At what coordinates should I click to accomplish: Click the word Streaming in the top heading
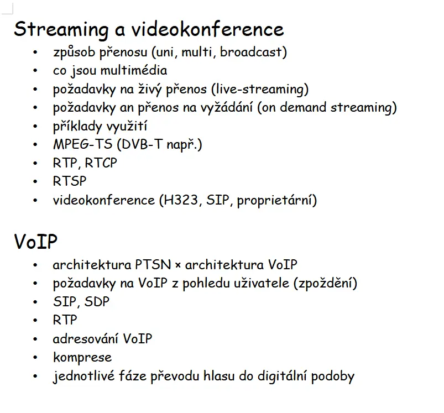click(x=61, y=30)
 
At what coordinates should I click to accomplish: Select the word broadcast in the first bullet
click(x=251, y=52)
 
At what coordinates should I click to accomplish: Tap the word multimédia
click(x=134, y=70)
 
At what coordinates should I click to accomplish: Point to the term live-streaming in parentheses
click(x=260, y=90)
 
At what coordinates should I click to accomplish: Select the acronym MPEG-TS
click(x=83, y=144)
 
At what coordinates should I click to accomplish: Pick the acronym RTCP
click(x=101, y=163)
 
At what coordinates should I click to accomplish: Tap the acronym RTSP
click(x=70, y=181)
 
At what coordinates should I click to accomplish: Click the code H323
click(x=181, y=200)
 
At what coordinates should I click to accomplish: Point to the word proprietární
click(x=274, y=201)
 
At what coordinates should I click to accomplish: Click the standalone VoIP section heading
click(x=36, y=242)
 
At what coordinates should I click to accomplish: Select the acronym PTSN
click(x=153, y=265)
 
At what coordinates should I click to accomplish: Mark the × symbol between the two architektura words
click(x=178, y=265)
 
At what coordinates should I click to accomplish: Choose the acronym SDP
click(x=97, y=302)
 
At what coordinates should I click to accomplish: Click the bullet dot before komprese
click(x=35, y=358)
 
